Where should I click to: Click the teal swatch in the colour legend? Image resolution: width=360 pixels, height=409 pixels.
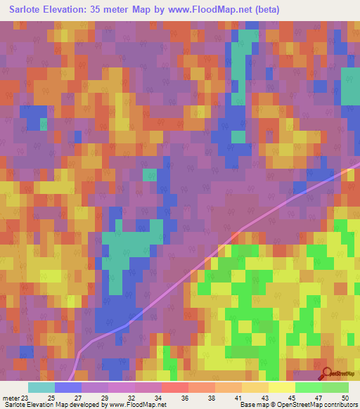click(x=41, y=387)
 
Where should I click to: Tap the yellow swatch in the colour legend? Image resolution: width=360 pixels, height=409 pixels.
click(x=281, y=387)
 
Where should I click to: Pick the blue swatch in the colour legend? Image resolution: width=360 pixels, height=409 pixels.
click(x=67, y=387)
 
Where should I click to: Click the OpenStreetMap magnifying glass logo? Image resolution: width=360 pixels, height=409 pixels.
click(x=326, y=375)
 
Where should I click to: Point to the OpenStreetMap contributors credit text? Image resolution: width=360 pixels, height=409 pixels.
click(x=316, y=405)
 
